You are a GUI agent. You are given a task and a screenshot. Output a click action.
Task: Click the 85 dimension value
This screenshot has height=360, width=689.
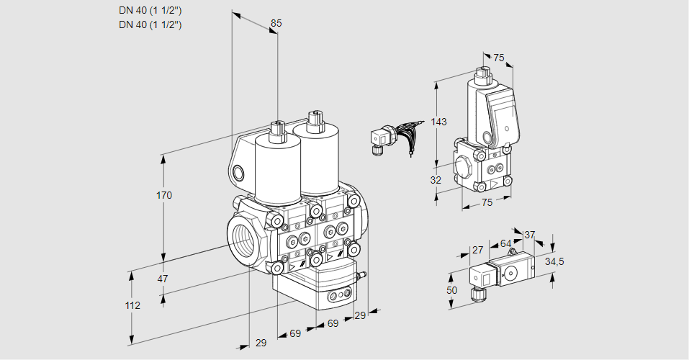coord(276,24)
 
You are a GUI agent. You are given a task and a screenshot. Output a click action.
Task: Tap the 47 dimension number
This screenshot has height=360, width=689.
coord(163,279)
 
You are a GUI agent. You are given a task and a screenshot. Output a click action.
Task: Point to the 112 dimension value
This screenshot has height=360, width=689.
coord(132,305)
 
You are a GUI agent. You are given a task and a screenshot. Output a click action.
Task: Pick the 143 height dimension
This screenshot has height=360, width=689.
coord(439,122)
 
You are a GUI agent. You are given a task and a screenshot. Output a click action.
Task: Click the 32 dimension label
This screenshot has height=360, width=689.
coord(436,180)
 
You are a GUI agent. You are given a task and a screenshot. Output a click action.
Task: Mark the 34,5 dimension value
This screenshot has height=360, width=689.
coord(554,261)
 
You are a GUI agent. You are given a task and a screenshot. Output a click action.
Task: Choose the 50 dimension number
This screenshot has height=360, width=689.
coord(451,290)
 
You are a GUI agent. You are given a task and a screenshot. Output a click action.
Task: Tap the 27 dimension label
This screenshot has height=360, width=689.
coord(477,250)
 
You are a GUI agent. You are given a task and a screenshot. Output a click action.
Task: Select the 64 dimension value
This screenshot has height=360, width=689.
coord(505,243)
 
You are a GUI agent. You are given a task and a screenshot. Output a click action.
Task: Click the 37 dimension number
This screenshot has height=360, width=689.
coord(530,235)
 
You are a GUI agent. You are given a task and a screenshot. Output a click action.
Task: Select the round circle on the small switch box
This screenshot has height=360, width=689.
coord(511,272)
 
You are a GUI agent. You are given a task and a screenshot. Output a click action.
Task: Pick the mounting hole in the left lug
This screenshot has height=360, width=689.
coord(238,173)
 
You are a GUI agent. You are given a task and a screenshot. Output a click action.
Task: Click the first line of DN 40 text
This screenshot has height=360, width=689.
coord(150,10)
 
